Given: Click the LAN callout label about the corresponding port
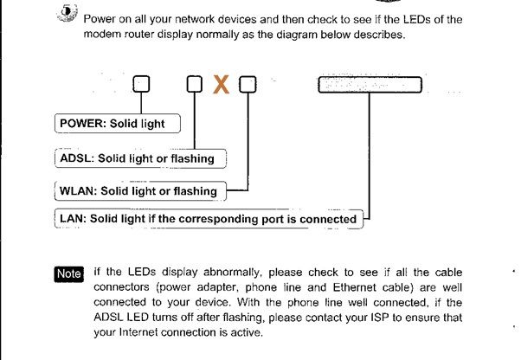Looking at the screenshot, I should tap(208, 219).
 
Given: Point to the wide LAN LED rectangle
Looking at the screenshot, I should tap(369, 85).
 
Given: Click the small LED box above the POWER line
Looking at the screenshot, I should tap(141, 85).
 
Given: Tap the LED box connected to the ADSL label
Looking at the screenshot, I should tap(195, 85).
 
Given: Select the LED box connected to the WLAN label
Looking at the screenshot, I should tap(248, 85).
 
